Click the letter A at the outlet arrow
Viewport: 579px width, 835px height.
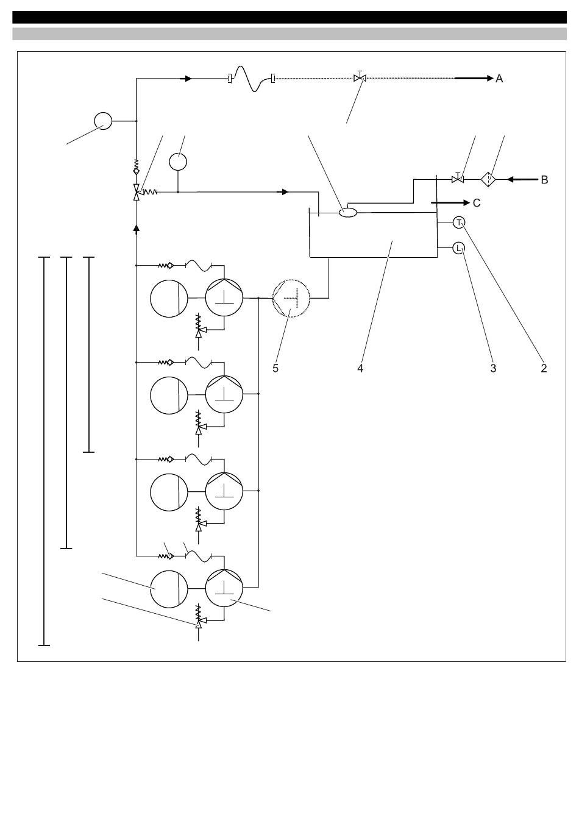[x=499, y=79]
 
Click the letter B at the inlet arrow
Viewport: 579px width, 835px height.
[x=544, y=180]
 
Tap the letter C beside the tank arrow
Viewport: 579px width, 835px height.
[x=477, y=203]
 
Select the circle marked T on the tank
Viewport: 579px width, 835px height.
[x=459, y=222]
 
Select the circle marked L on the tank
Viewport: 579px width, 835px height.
[x=459, y=248]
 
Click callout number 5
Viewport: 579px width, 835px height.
[x=275, y=368]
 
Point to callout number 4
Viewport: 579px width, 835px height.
[x=360, y=368]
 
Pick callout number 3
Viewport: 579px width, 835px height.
[x=493, y=368]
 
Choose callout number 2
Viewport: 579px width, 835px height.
[x=544, y=368]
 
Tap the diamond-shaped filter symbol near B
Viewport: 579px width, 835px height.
[x=488, y=180]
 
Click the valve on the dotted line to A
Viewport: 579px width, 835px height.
[x=360, y=77]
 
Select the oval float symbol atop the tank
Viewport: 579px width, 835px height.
[x=348, y=213]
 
